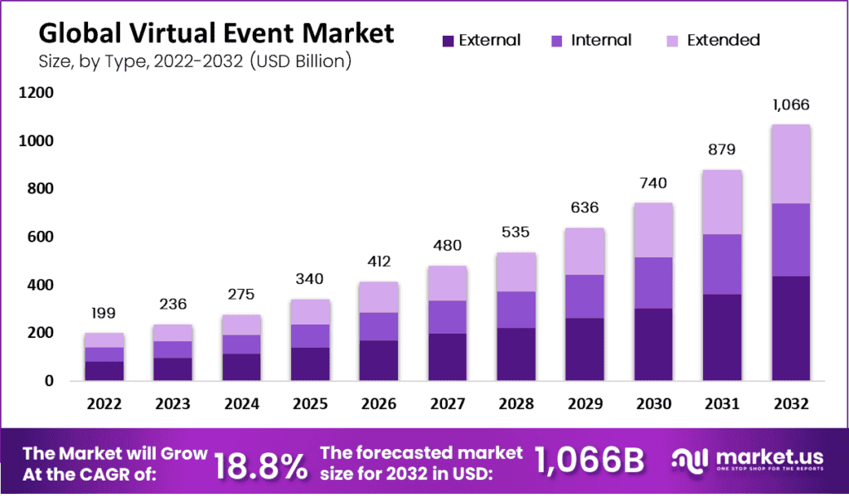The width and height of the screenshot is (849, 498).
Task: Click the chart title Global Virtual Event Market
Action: [x=216, y=34]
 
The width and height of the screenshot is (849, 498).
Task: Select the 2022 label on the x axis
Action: [x=104, y=404]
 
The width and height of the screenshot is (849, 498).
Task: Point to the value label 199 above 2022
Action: [x=104, y=314]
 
